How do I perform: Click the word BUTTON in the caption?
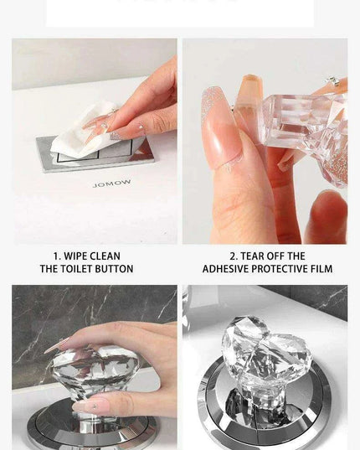[x=116, y=269]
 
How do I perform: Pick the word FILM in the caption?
[x=321, y=269]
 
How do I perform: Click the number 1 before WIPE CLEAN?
[x=55, y=256]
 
